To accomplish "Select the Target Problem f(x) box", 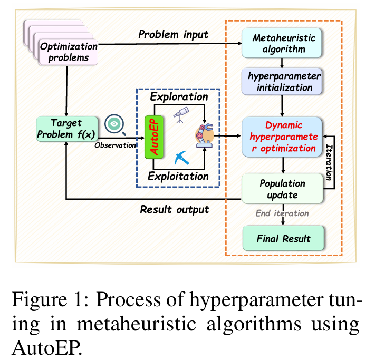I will (67, 129).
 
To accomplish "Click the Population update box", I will (282, 189).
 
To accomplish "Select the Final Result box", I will (283, 239).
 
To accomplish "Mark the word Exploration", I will (179, 97).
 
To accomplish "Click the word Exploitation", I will (178, 176).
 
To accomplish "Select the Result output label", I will (174, 209).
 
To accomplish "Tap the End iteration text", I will (283, 214).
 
